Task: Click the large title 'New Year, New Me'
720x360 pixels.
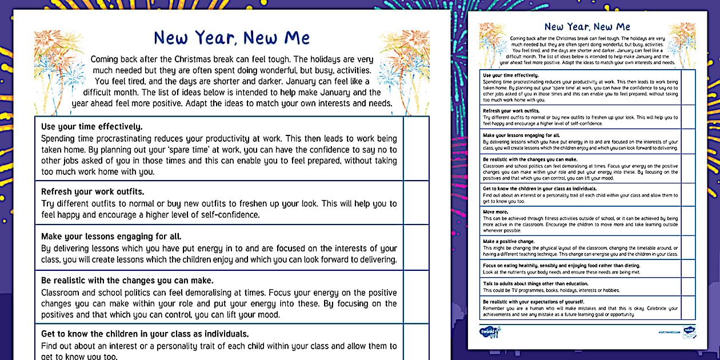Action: click(231, 38)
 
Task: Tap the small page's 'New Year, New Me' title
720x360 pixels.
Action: click(587, 26)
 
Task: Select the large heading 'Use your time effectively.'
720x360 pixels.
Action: click(92, 126)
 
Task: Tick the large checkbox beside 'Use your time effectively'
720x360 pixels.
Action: click(416, 149)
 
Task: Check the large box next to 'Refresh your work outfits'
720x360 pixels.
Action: click(416, 202)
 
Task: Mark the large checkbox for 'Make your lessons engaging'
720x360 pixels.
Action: click(416, 247)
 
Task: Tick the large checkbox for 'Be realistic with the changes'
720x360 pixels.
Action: click(416, 297)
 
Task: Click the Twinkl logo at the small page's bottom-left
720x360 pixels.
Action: click(490, 332)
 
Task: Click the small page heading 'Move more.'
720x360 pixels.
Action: click(493, 211)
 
